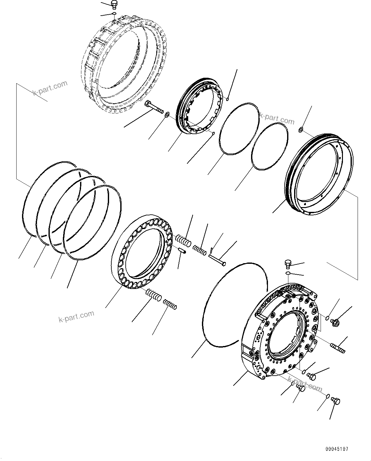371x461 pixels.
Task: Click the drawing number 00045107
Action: [337, 449]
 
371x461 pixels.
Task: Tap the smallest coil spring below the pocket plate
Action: [170, 305]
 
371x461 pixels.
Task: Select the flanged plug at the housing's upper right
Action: [335, 322]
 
